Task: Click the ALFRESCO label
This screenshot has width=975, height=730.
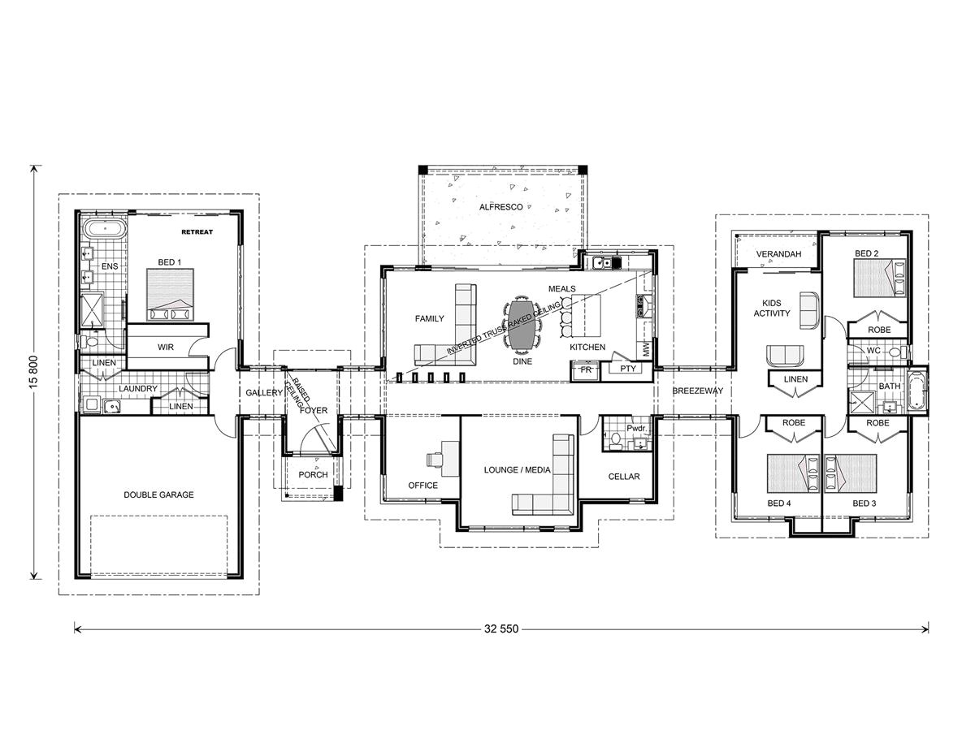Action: point(500,207)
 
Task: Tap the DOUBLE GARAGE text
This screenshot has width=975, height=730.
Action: point(158,495)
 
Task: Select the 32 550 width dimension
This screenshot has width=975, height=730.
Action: point(501,628)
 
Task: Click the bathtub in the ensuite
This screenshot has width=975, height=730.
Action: point(106,228)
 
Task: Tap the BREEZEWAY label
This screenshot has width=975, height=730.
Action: point(697,391)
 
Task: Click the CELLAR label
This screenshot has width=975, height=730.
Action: point(624,477)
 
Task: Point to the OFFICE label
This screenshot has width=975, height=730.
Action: point(422,486)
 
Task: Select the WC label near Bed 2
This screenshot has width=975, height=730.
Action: point(873,351)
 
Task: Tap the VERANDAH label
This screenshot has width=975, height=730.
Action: point(778,254)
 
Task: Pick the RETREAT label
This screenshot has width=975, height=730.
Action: point(197,232)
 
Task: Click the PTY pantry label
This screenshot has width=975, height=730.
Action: point(627,369)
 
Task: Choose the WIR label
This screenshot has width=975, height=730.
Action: point(166,347)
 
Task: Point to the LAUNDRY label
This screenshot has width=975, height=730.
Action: point(137,389)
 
